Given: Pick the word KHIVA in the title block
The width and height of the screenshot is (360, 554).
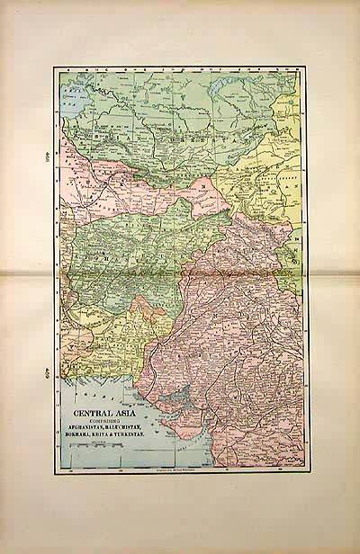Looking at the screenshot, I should tap(110, 437).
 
